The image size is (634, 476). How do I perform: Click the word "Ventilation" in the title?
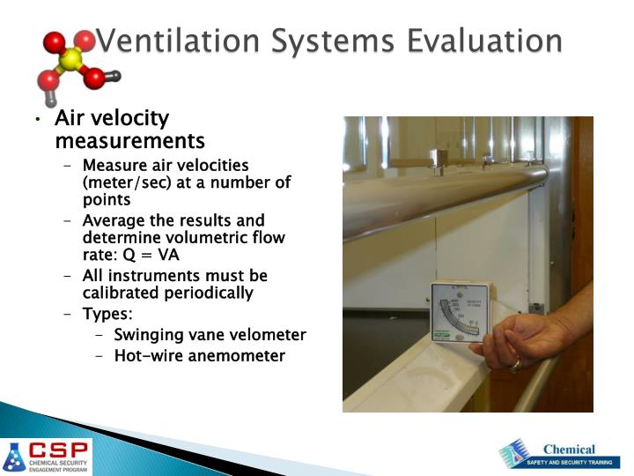point(168,41)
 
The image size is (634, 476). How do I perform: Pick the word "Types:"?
point(107,315)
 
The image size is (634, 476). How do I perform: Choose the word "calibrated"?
point(123,293)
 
